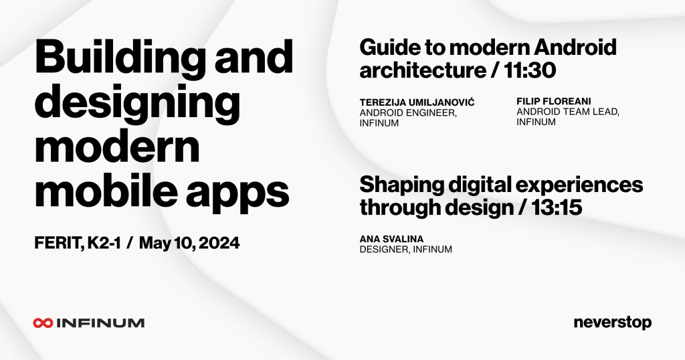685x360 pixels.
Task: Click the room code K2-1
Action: pos(104,243)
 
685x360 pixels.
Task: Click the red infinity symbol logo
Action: pos(43,323)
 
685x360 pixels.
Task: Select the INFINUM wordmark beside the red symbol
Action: pos(100,323)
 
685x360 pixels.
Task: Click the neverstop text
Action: pos(613,323)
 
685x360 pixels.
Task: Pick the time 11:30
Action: pos(530,70)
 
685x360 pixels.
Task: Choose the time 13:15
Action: pos(557,207)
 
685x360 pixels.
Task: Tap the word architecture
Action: pos(423,70)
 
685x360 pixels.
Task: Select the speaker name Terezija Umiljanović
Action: pos(417,102)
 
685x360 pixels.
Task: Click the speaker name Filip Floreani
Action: pos(553,101)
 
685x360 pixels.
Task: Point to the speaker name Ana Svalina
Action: pos(391,239)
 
